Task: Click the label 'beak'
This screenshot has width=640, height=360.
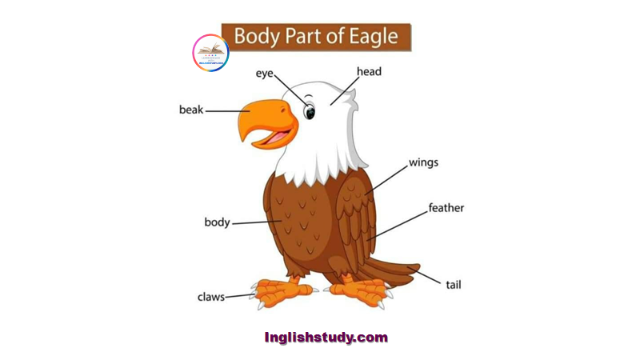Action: pyautogui.click(x=190, y=110)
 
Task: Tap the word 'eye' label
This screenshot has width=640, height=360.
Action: pyautogui.click(x=265, y=74)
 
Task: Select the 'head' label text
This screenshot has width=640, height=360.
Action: pyautogui.click(x=369, y=71)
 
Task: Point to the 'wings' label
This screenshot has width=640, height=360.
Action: pyautogui.click(x=423, y=162)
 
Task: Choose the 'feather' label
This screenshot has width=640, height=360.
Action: pyautogui.click(x=446, y=208)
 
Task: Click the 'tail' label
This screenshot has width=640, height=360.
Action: pyautogui.click(x=454, y=284)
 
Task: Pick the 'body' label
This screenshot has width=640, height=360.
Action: pyautogui.click(x=217, y=222)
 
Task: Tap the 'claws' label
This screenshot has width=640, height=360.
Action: pyautogui.click(x=211, y=297)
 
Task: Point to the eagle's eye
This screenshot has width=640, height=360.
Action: pyautogui.click(x=309, y=111)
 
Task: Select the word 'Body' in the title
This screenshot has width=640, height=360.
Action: pyautogui.click(x=258, y=37)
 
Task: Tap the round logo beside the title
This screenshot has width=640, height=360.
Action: pyautogui.click(x=210, y=52)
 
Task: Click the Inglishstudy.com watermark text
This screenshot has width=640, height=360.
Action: pyautogui.click(x=326, y=338)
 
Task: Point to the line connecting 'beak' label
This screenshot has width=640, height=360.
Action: pyautogui.click(x=226, y=111)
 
